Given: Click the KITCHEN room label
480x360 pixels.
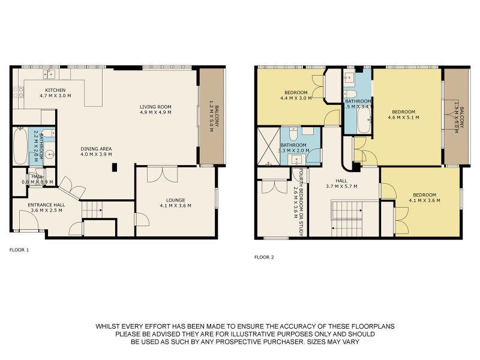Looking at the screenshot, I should tap(55, 90).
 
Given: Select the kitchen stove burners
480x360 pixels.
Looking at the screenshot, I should tap(18, 92).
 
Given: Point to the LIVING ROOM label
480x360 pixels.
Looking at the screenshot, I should tap(155, 107).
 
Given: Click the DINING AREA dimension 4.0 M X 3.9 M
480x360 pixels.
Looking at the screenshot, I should tap(96, 154).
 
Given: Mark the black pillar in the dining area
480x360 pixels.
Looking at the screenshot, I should tap(114, 169).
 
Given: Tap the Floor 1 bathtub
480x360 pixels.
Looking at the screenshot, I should tap(20, 146).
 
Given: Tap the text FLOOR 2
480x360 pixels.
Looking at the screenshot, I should tap(263, 257).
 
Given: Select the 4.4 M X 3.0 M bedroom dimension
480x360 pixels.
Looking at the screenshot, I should tap(296, 98).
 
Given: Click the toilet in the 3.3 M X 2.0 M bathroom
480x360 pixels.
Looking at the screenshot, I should tap(293, 134).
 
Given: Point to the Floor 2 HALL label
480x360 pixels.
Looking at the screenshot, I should tap(341, 181).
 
